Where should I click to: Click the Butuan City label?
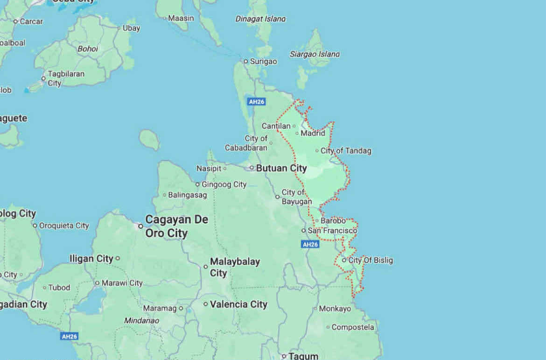coord(281,168)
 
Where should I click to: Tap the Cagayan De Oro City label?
coord(176,226)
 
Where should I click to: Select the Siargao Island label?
coord(315,54)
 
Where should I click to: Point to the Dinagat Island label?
coord(260,19)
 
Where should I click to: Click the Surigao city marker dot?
coord(245,61)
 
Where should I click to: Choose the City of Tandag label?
coord(346,151)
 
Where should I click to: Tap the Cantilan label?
coord(276,126)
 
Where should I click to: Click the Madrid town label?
coord(313,134)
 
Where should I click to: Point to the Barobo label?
coord(333,221)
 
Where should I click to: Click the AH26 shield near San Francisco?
coord(310,244)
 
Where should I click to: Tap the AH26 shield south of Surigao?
coord(257,101)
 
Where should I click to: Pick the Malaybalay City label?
coord(235,267)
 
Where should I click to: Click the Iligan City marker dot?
coord(118,258)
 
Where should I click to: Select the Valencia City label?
coord(238,304)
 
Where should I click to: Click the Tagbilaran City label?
coord(66,78)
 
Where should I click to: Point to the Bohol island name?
coord(87,49)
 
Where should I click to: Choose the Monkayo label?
coord(335,309)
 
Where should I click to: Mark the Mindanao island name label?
coord(141,321)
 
